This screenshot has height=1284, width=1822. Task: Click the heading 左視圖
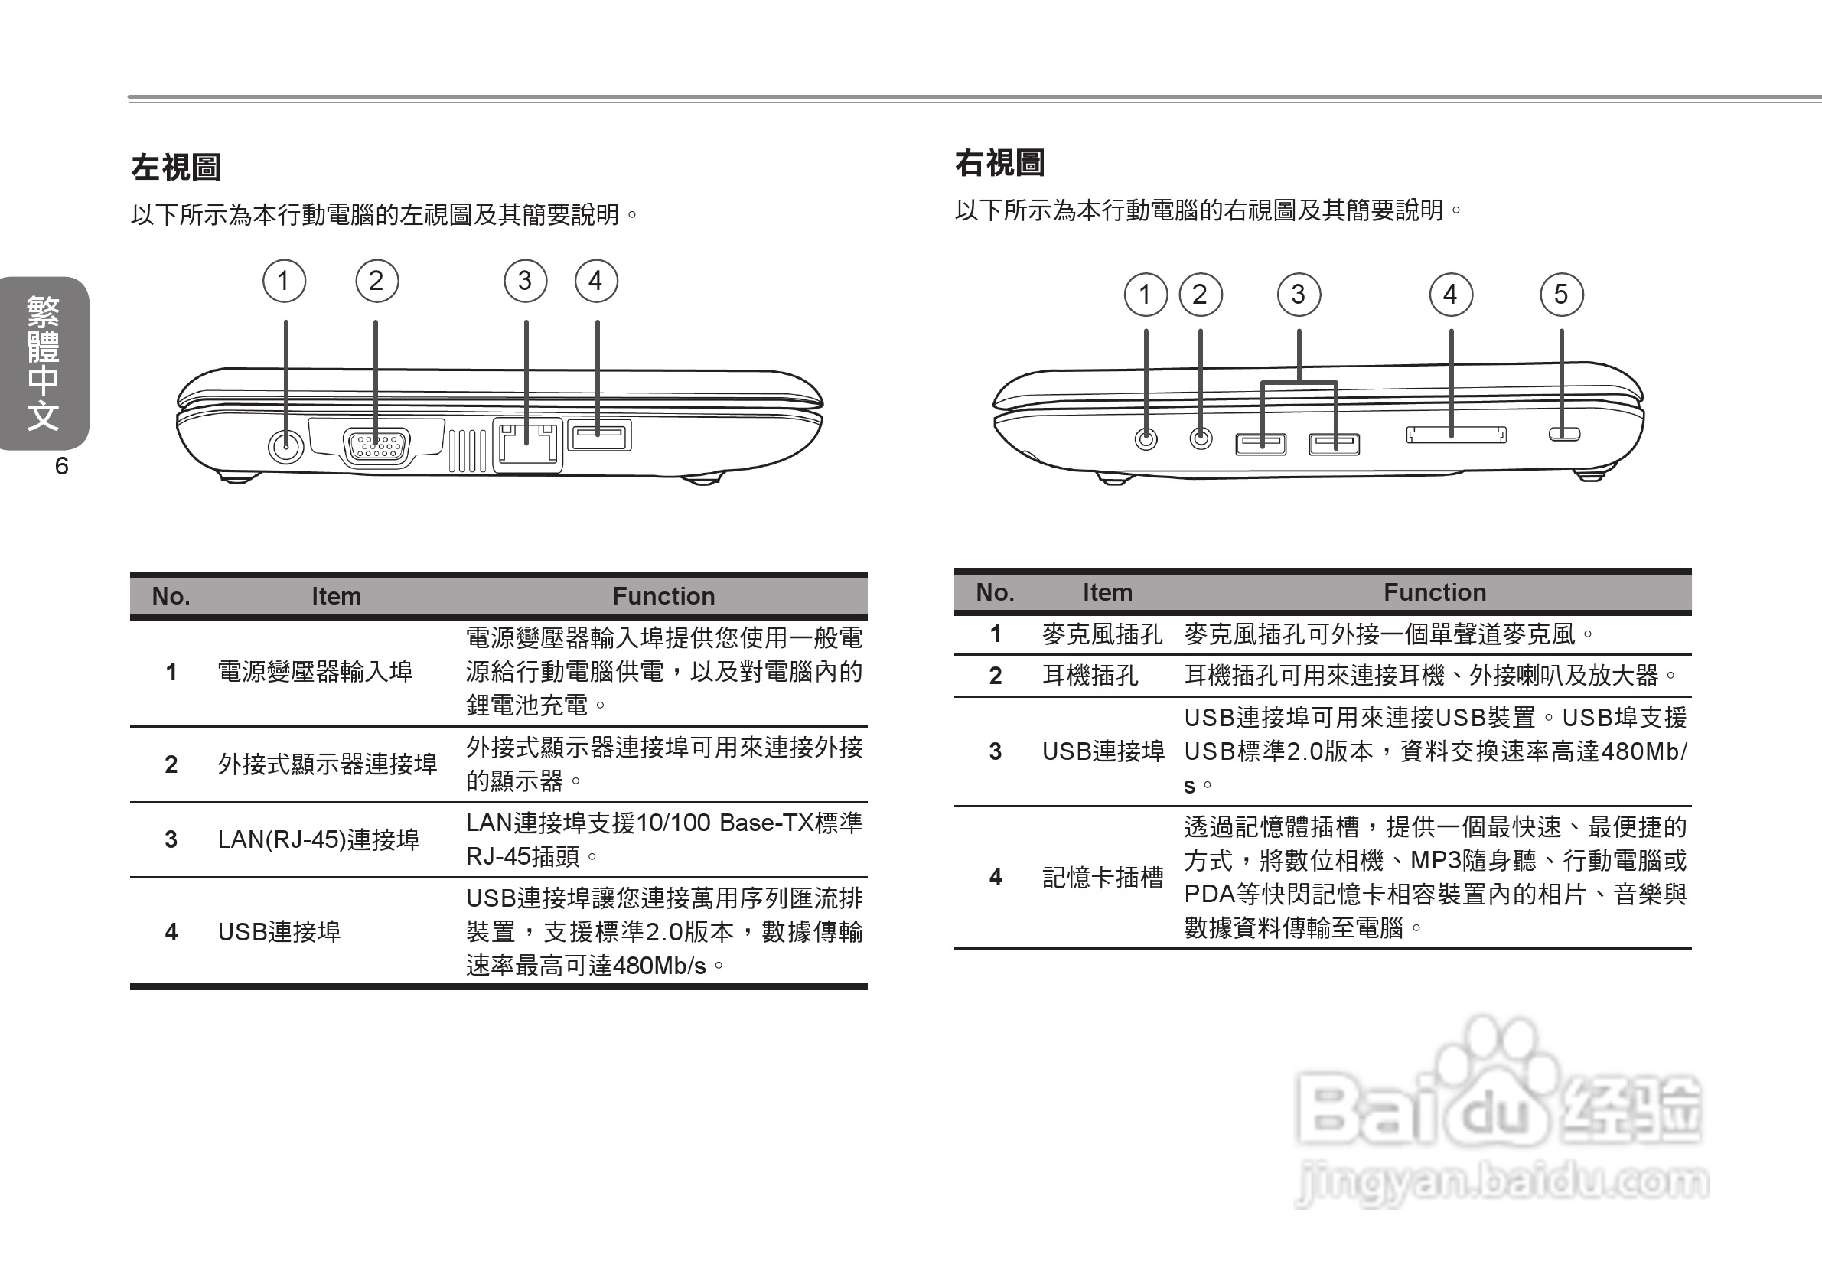(x=175, y=168)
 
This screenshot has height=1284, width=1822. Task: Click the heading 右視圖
(x=999, y=164)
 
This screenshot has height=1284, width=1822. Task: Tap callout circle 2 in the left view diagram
(x=376, y=281)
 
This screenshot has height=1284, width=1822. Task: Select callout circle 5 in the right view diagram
(x=1561, y=295)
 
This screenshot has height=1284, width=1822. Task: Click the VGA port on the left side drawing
(x=376, y=446)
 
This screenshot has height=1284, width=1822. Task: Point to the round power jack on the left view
(x=285, y=446)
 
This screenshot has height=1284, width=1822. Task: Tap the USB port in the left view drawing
(x=599, y=435)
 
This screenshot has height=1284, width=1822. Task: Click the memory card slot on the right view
(x=1455, y=435)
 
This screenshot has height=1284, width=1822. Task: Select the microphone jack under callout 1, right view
(x=1146, y=438)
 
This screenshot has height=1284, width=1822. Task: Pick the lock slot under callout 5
(x=1564, y=434)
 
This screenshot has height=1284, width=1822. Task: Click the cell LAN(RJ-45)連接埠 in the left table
(x=318, y=839)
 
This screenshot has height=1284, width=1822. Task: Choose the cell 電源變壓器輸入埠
(x=315, y=672)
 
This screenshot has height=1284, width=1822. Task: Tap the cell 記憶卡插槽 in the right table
(x=1102, y=877)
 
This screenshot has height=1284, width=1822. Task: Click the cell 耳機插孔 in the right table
(x=1090, y=676)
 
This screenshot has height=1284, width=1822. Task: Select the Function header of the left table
(x=663, y=596)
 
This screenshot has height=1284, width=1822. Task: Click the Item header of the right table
(x=1107, y=592)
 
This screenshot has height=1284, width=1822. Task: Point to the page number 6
(x=62, y=466)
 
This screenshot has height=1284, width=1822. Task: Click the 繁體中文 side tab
(x=43, y=363)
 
